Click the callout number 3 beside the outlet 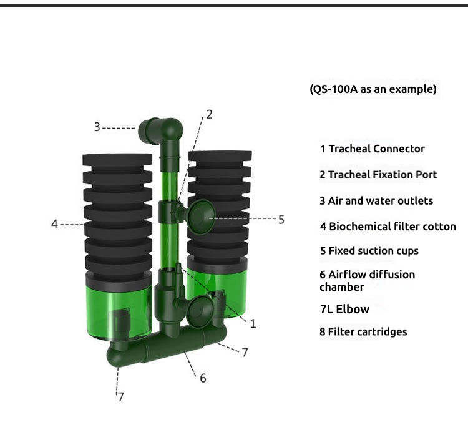click(x=97, y=127)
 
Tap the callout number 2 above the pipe click(x=209, y=114)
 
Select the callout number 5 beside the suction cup click(x=281, y=220)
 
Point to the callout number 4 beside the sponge click(x=54, y=224)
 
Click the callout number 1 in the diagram click(x=253, y=323)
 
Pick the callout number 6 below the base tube click(x=203, y=378)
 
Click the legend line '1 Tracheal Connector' click(x=372, y=149)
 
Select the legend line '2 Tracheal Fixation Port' click(x=378, y=175)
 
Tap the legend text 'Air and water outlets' click(x=381, y=201)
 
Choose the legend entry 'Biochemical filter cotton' click(x=392, y=227)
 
